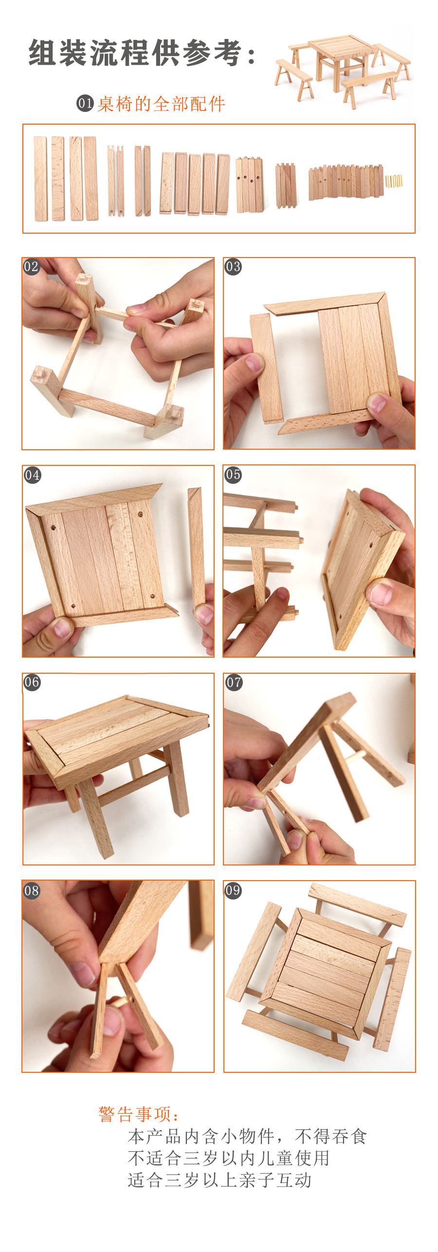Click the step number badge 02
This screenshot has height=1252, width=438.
[x=31, y=267]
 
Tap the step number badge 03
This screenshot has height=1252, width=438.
[x=233, y=267]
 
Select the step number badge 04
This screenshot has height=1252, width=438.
[x=32, y=475]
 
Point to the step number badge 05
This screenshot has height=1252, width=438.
[x=233, y=475]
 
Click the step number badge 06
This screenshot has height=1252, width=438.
[x=32, y=682]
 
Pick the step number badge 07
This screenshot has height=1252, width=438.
[x=234, y=682]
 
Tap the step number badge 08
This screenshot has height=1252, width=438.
[x=32, y=891]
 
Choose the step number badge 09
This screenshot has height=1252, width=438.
[x=233, y=890]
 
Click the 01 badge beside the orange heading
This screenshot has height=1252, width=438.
[x=85, y=103]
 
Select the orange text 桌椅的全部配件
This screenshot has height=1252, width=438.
[x=161, y=104]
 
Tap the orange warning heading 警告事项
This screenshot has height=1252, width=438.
[x=139, y=1114]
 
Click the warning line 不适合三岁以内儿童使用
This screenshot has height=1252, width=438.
[x=229, y=1158]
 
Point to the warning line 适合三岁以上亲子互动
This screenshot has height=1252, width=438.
[x=219, y=1180]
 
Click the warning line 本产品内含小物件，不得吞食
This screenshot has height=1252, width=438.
[x=247, y=1136]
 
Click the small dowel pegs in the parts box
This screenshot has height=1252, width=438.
[x=394, y=181]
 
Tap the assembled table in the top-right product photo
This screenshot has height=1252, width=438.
[x=341, y=61]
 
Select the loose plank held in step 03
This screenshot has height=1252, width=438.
[x=267, y=368]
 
